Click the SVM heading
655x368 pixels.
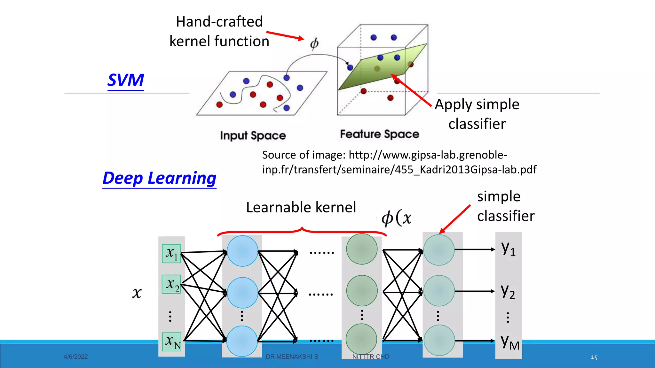point(126,80)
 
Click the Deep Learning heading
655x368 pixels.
point(159,178)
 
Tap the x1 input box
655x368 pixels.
point(171,254)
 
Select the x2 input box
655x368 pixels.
point(171,284)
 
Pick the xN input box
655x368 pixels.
point(172,342)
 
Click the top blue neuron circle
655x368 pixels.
point(242,251)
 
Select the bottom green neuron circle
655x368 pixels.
point(361,339)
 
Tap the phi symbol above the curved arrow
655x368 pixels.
point(314,43)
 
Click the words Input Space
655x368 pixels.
point(253,135)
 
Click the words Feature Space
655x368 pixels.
point(379,134)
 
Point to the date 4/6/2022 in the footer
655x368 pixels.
point(76,357)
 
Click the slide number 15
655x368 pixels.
point(594,357)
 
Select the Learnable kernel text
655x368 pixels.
point(301,207)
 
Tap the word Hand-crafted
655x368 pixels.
point(219,22)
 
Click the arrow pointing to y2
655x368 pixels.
point(475,291)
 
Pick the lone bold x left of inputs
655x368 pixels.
point(137,293)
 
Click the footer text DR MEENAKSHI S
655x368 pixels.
point(292,357)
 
